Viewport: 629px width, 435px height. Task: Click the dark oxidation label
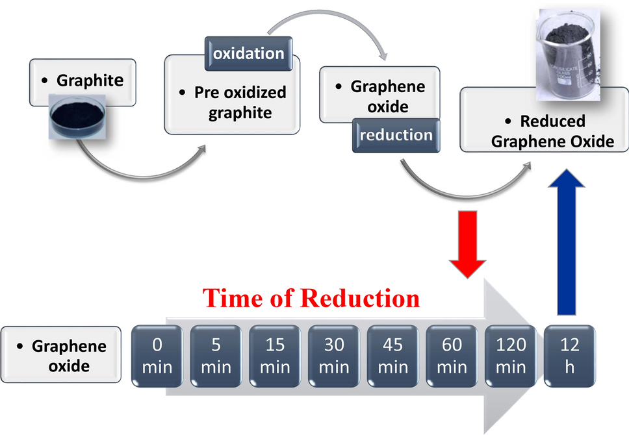249,53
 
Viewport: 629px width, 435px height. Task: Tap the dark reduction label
396,135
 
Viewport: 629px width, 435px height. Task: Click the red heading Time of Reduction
311,298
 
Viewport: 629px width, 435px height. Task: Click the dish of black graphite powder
77,116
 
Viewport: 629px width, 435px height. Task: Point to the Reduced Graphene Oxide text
552,131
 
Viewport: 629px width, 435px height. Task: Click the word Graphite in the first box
90,81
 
